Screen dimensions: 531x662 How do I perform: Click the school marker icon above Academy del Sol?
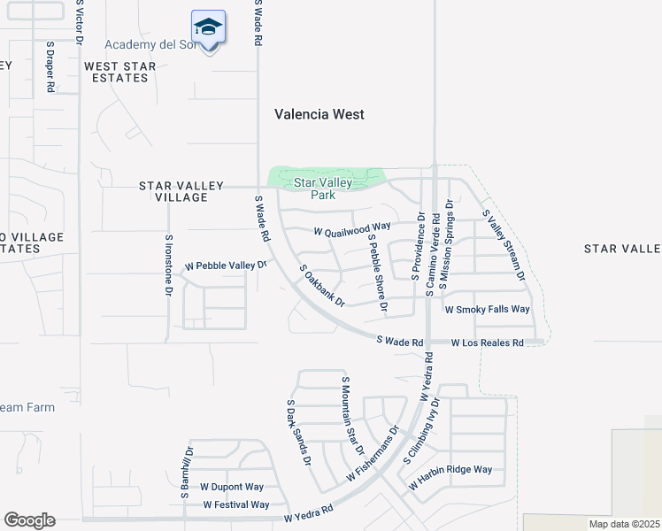208,28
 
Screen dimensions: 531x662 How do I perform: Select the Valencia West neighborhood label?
319,114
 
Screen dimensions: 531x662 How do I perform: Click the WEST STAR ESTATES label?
120,72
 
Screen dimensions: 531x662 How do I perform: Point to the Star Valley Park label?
323,189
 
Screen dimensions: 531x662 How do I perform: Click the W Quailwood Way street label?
352,230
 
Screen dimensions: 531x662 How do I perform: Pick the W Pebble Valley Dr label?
225,265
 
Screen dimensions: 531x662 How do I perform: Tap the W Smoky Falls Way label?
487,310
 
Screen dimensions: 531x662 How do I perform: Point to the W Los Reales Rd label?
487,342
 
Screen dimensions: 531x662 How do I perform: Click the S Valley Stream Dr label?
504,247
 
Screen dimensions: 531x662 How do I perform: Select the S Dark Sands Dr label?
299,433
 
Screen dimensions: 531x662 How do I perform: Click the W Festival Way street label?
235,504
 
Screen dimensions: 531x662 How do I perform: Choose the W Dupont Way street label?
232,487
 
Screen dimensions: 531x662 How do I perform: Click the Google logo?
29,520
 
